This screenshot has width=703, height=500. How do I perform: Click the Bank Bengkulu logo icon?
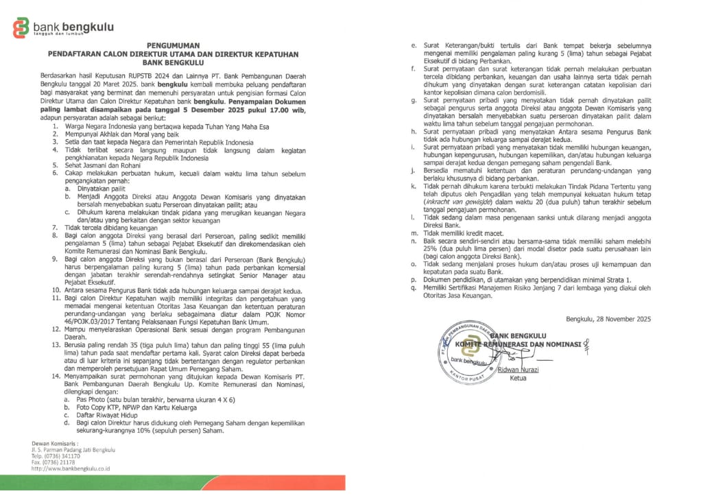[22, 28]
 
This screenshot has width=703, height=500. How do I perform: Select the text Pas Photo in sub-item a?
[92, 398]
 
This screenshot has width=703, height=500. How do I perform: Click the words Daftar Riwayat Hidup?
[107, 415]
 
